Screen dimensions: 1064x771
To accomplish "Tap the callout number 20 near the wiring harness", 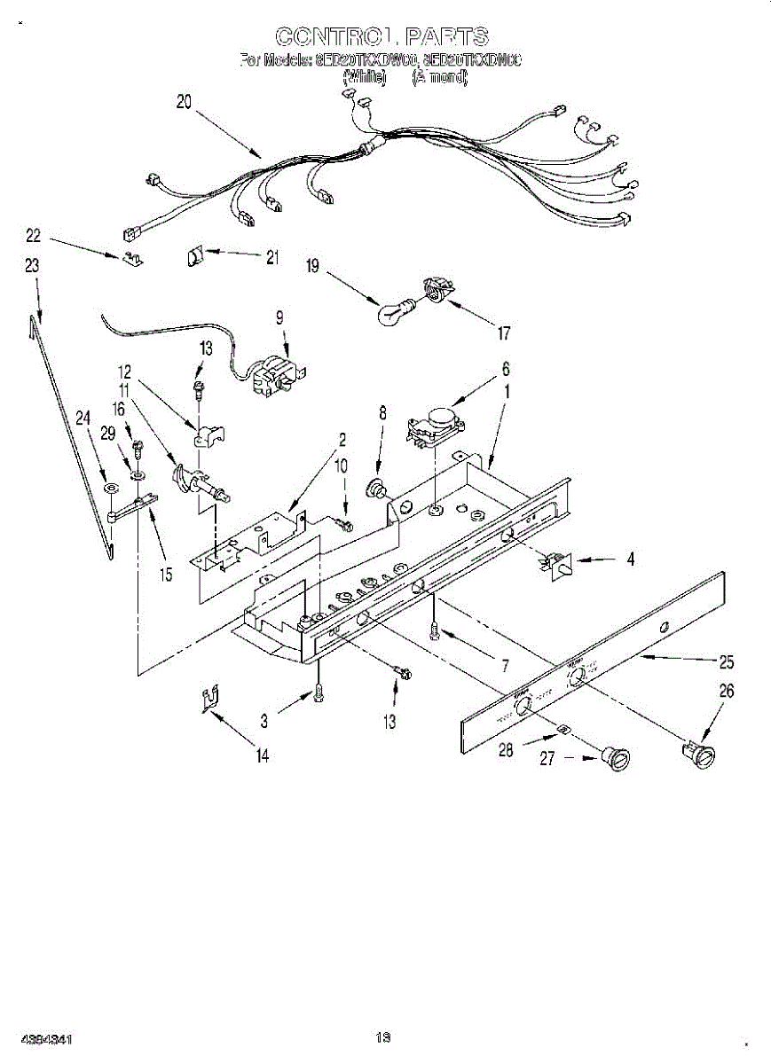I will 184,102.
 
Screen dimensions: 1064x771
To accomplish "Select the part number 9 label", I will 279,317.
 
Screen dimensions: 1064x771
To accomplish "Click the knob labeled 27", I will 614,758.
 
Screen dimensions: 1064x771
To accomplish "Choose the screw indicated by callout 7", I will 433,629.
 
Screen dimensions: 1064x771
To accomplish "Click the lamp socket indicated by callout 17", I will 435,289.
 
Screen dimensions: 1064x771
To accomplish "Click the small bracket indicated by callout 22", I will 131,257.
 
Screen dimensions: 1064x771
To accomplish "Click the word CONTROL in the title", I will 333,36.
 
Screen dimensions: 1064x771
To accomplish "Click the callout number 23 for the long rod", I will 32,265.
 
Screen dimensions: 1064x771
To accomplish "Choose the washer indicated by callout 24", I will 109,489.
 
